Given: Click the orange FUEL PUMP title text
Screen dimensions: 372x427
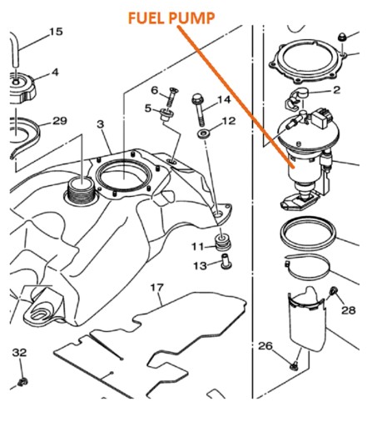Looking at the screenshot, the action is point(171,18).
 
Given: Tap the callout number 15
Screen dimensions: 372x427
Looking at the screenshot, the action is point(56,32).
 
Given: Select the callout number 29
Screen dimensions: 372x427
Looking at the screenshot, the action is point(60,121).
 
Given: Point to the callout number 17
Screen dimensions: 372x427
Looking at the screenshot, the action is point(157,288).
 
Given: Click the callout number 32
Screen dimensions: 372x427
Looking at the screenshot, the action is point(20,353).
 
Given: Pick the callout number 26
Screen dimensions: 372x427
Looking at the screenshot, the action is point(265,346).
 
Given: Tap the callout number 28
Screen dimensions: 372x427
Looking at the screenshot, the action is point(349,309).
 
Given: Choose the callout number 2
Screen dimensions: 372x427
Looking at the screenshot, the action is point(336,90).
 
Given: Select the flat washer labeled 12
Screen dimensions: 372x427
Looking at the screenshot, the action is point(204,133).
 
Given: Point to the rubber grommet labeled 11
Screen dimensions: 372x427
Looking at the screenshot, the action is point(222,242).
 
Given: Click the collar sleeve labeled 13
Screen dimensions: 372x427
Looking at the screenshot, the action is point(226,261).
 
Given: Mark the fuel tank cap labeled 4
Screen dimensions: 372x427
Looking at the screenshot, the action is point(22,88).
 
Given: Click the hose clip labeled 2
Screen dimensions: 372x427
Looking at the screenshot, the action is point(295,98).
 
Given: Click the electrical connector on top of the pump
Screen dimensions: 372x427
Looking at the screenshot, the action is point(322,118).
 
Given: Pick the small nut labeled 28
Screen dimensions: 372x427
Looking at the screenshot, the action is point(333,291).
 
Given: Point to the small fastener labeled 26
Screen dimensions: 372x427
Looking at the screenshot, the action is point(294,367).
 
